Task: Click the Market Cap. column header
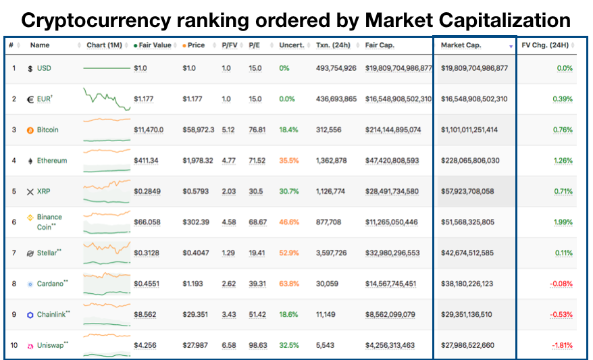click(x=461, y=45)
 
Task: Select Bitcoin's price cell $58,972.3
click(x=198, y=130)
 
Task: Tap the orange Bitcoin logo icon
click(x=30, y=130)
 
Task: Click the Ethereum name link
click(x=52, y=161)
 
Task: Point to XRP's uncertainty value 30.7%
click(x=289, y=191)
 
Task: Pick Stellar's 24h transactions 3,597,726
click(x=332, y=253)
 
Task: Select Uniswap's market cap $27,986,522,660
click(x=467, y=345)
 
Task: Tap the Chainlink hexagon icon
click(x=30, y=315)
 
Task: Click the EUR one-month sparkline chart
click(x=107, y=99)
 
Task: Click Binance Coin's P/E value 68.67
click(x=257, y=222)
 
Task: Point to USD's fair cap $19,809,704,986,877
click(x=398, y=68)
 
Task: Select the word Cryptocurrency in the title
click(x=96, y=20)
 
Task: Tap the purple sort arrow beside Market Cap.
click(x=511, y=47)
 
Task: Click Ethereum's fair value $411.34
click(x=146, y=161)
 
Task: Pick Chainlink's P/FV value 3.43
click(x=229, y=315)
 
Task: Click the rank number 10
click(x=14, y=345)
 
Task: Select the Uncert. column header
click(x=292, y=45)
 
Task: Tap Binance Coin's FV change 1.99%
click(x=563, y=222)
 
